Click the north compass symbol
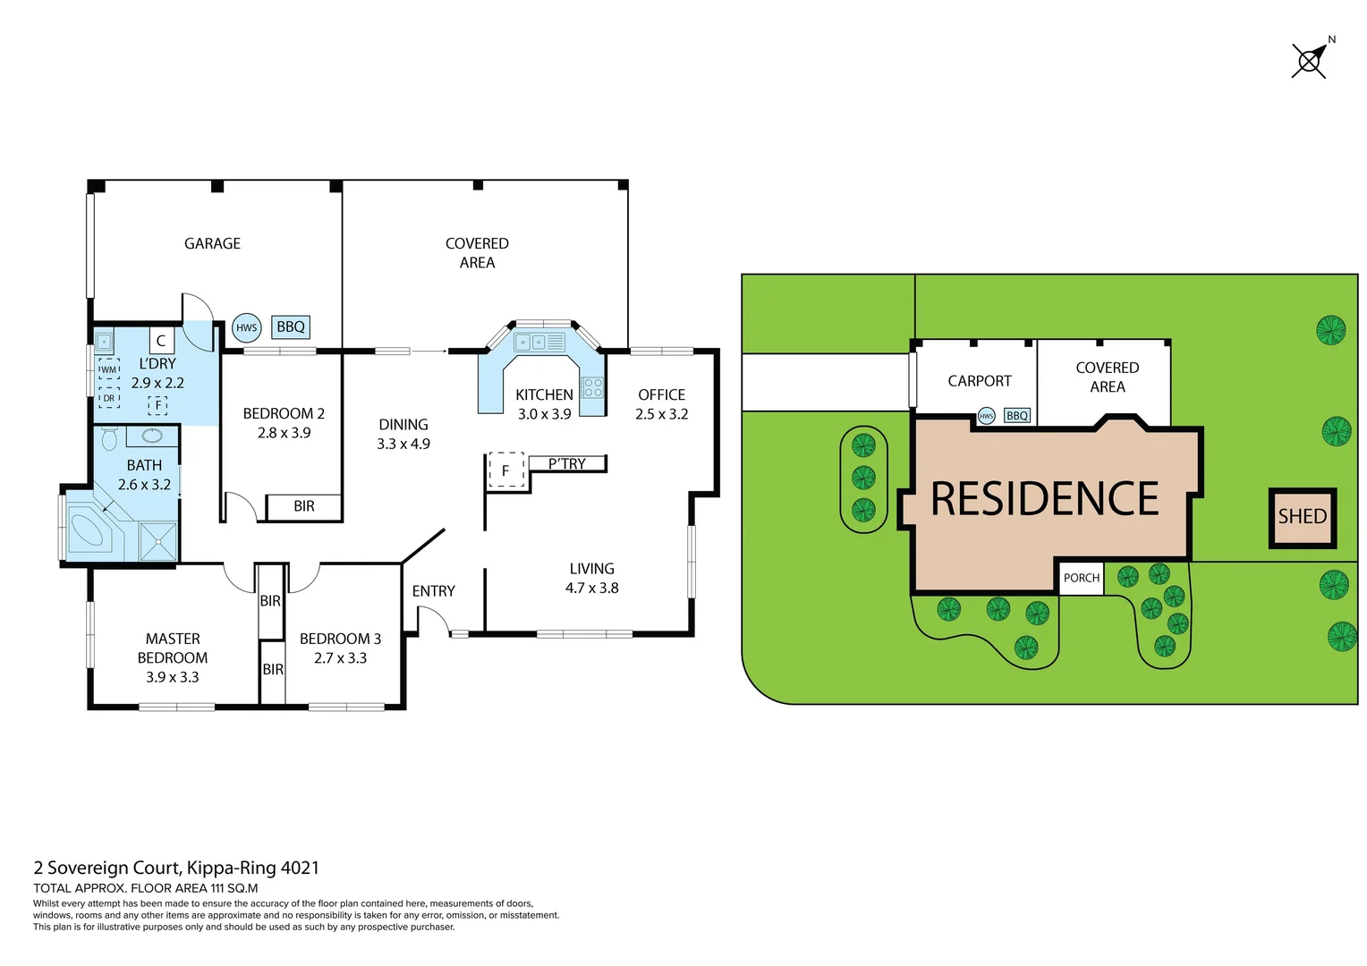[x=1309, y=61]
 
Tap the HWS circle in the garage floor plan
[x=246, y=327]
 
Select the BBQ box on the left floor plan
[x=291, y=327]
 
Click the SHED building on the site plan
[x=1302, y=517]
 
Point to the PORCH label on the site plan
[x=1081, y=578]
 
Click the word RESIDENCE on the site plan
[x=1044, y=499]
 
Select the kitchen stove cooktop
[x=592, y=387]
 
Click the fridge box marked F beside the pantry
[x=505, y=470]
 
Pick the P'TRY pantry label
[x=567, y=463]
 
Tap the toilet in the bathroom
[x=109, y=438]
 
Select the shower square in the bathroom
[x=158, y=541]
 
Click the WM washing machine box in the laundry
[x=108, y=369]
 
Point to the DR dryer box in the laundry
[x=108, y=398]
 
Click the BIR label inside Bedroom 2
[x=304, y=506]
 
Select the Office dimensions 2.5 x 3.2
[x=661, y=414]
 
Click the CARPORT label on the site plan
[x=979, y=381]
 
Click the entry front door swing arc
[x=435, y=618]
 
